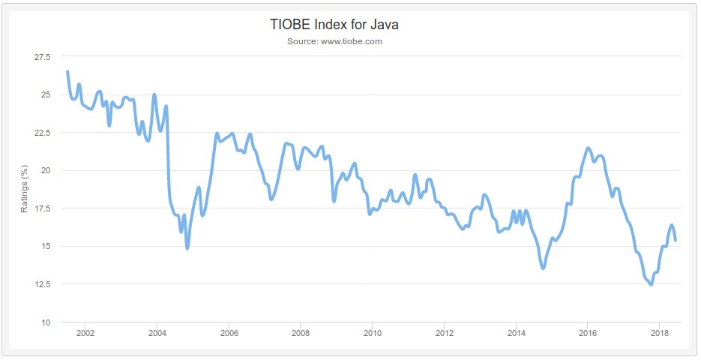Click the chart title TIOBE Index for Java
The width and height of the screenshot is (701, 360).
[x=334, y=25]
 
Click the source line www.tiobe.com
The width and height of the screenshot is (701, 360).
[x=334, y=41]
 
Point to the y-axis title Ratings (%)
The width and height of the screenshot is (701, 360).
[x=24, y=190]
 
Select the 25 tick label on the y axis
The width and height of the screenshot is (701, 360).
[x=46, y=94]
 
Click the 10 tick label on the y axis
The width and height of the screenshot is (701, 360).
[x=46, y=322]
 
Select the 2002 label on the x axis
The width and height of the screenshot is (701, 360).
[x=85, y=333]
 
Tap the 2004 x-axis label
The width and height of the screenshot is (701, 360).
[x=157, y=333]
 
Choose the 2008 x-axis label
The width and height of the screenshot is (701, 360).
[x=301, y=333]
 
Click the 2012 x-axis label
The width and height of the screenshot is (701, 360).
[x=445, y=333]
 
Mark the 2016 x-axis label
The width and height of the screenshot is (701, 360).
[x=588, y=333]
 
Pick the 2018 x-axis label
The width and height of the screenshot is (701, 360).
[x=660, y=333]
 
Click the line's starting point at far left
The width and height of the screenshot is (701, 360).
[x=67, y=72]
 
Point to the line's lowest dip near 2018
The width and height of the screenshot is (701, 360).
[x=650, y=285]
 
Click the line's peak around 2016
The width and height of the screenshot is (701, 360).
[x=589, y=148]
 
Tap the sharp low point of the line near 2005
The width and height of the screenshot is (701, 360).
[x=187, y=248]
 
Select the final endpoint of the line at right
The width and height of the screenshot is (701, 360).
[x=676, y=240]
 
